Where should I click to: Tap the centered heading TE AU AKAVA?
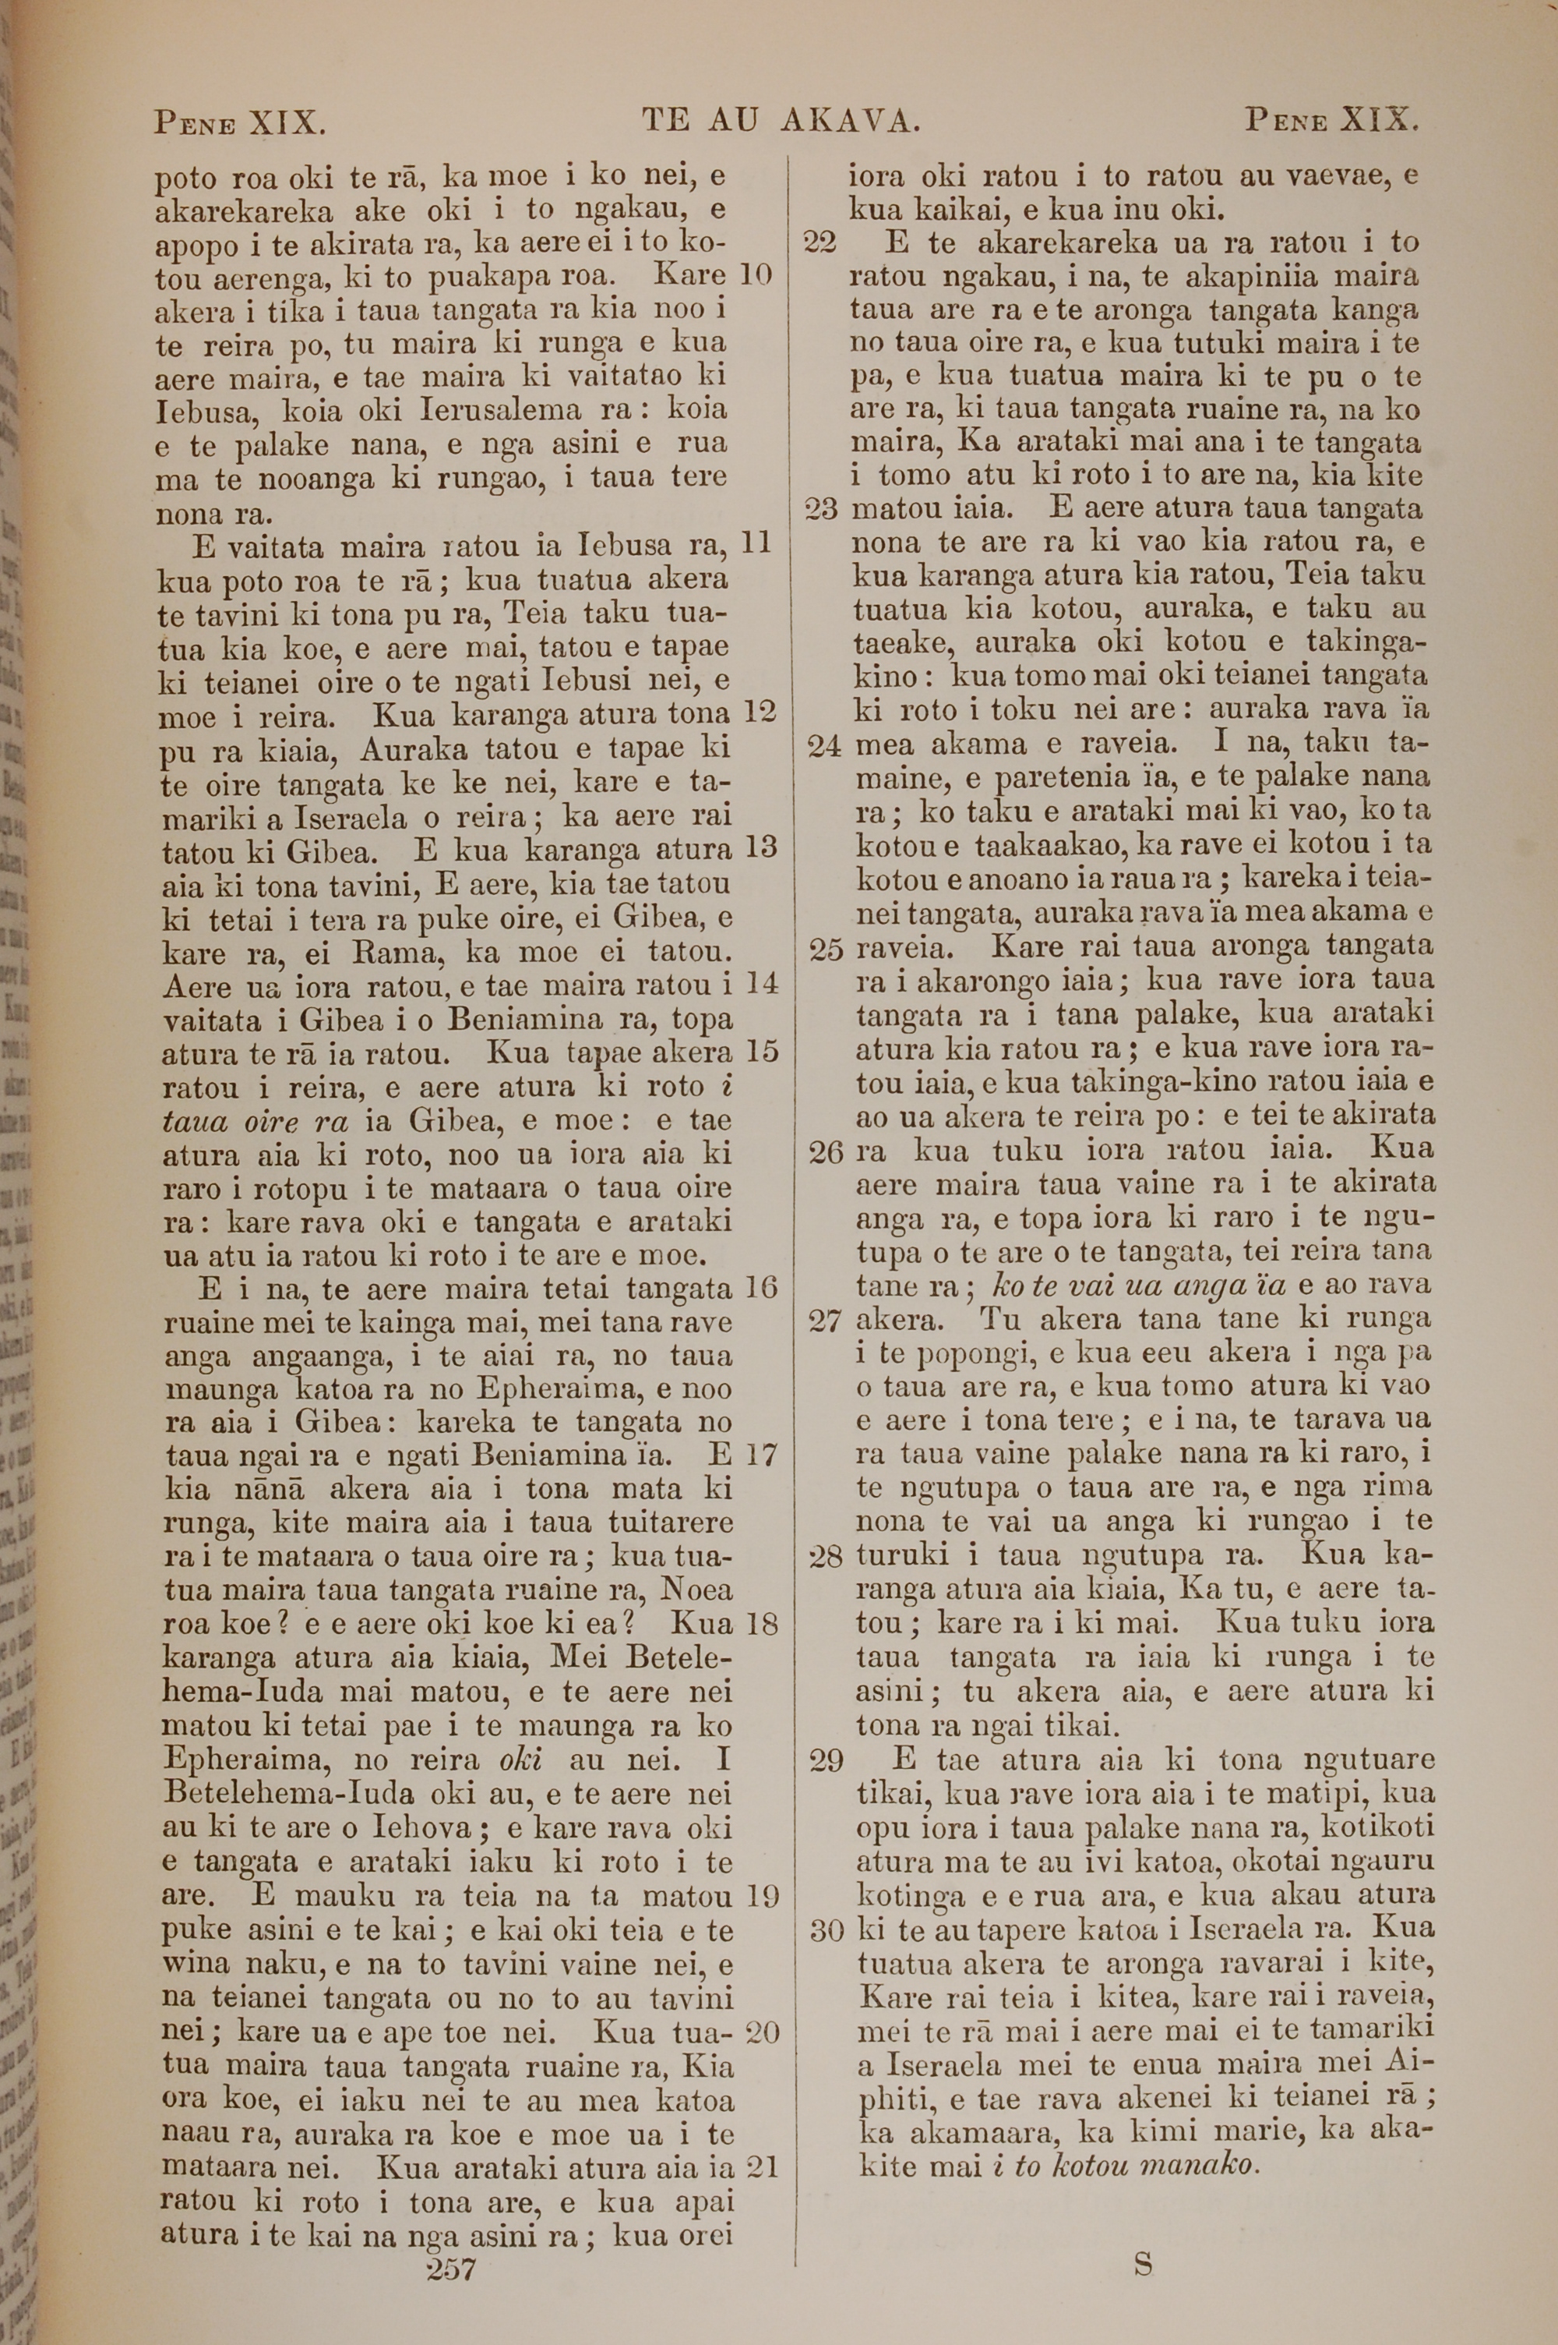coord(782,122)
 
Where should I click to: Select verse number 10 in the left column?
coord(756,274)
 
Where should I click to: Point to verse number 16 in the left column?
coord(760,1289)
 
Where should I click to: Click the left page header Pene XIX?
coord(239,123)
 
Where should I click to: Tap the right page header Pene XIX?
coord(1331,122)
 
